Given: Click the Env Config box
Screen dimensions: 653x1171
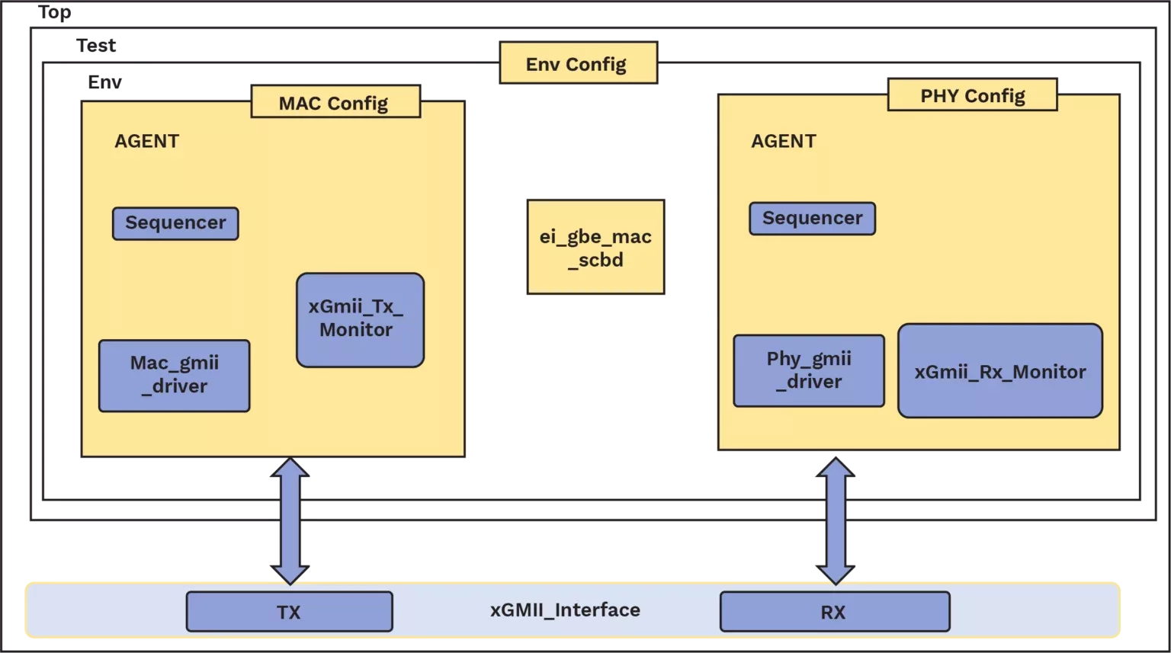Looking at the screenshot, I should pyautogui.click(x=577, y=63).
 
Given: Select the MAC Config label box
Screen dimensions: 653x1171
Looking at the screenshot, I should pyautogui.click(x=335, y=103).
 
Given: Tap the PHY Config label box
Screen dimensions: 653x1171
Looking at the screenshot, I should pyautogui.click(x=972, y=96).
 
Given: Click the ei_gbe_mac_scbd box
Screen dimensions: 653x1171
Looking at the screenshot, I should pyautogui.click(x=595, y=248).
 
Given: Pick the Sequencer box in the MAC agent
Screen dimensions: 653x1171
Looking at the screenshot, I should pyautogui.click(x=175, y=223).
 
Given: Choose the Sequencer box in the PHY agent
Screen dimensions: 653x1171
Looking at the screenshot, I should pyautogui.click(x=812, y=219).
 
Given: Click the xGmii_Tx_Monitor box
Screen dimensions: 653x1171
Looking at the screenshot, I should pyautogui.click(x=360, y=320).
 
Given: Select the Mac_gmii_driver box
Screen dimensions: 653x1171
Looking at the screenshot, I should pyautogui.click(x=174, y=376).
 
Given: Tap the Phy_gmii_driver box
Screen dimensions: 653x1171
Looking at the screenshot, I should pyautogui.click(x=809, y=371).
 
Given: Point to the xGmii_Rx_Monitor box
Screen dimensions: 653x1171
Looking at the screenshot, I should pyautogui.click(x=999, y=371).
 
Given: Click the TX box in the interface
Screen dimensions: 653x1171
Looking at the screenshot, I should pyautogui.click(x=289, y=612).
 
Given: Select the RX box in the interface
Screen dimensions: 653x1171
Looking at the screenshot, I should pyautogui.click(x=834, y=612).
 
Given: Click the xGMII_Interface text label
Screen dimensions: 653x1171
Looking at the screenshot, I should pyautogui.click(x=565, y=610).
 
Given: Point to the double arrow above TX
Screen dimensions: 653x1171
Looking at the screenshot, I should pyautogui.click(x=290, y=522).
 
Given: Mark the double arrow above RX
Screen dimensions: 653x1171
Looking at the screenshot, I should pyautogui.click(x=836, y=522).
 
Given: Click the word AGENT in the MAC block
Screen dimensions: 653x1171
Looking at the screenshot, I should pyautogui.click(x=146, y=142).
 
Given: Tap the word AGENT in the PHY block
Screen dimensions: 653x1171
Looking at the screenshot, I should pyautogui.click(x=783, y=142).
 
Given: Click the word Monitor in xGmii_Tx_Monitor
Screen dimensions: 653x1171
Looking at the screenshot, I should pyautogui.click(x=356, y=330).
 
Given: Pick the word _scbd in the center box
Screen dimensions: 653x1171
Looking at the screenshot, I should pyautogui.click(x=596, y=261).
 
